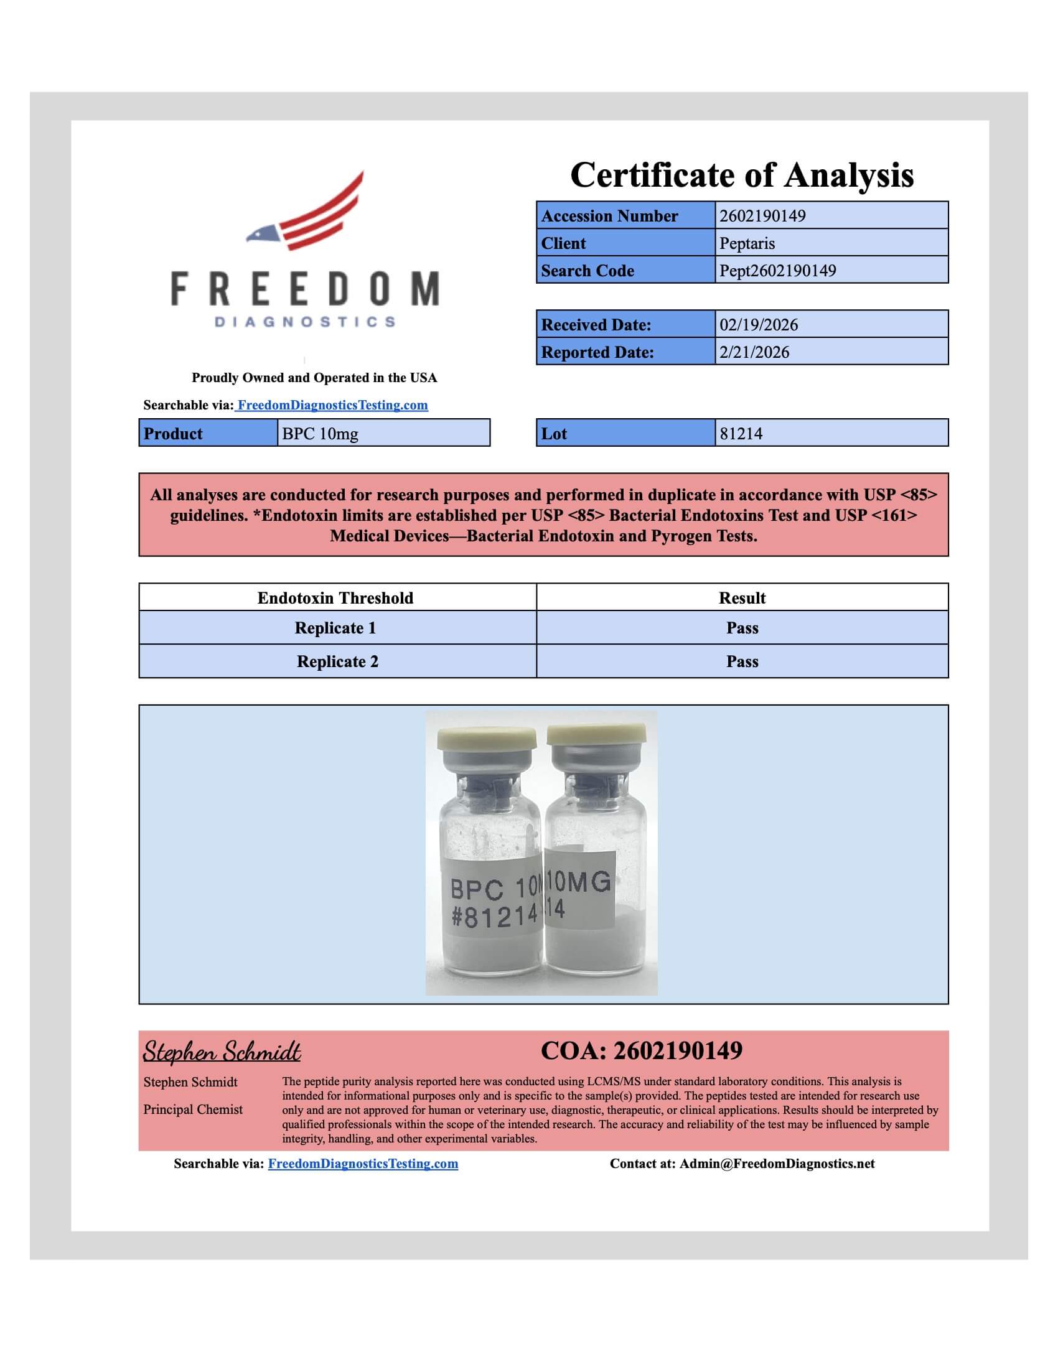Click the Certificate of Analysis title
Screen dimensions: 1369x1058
point(741,175)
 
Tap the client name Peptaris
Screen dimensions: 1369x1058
point(747,243)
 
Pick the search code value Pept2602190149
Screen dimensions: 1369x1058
point(778,271)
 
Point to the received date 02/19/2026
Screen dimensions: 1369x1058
point(759,325)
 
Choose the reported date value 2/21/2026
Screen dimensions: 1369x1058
point(754,352)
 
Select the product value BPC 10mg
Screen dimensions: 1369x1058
point(321,434)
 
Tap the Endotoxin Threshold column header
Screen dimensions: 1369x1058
point(335,598)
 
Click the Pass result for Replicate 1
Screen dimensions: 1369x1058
point(742,628)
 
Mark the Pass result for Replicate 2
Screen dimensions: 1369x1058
point(742,662)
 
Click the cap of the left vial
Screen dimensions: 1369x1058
point(487,741)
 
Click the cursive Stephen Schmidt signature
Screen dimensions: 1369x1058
point(222,1052)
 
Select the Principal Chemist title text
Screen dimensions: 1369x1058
point(193,1110)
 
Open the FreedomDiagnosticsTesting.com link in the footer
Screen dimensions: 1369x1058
point(363,1164)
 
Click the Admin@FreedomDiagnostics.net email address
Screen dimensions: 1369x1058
point(777,1164)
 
